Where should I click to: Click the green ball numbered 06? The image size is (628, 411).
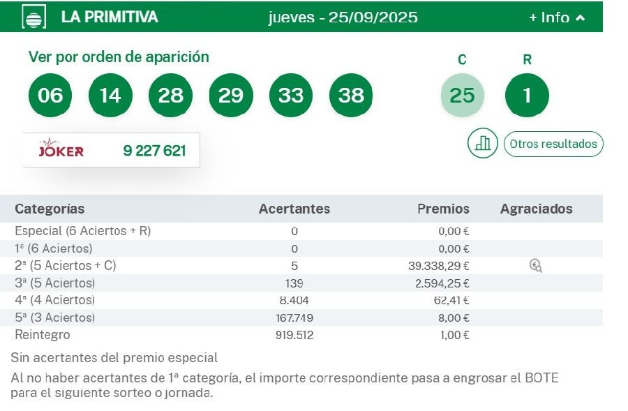pos(50,95)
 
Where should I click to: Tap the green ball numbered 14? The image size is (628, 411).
pos(110,95)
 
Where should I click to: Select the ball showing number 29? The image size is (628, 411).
pos(230,95)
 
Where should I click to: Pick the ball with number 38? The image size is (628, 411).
pos(351,95)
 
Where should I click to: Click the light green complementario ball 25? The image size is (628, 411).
pos(462,95)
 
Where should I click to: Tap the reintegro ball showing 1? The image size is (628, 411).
pos(527,95)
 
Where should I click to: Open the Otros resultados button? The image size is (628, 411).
pos(553,144)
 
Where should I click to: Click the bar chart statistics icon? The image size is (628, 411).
pos(482,144)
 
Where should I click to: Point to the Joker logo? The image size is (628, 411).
pos(61,150)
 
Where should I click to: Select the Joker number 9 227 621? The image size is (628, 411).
pos(154,150)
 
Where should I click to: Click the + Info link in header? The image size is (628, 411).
pos(557,17)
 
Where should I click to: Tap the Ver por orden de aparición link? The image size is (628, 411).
pos(119,57)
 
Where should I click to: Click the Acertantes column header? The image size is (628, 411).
pos(294,209)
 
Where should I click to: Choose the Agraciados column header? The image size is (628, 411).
pos(536,209)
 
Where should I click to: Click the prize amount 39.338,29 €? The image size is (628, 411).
pos(438,266)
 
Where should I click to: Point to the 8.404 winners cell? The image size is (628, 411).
pos(294,300)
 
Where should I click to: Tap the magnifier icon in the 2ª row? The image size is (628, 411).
pos(535,265)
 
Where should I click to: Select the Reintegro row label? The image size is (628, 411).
pos(43,335)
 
